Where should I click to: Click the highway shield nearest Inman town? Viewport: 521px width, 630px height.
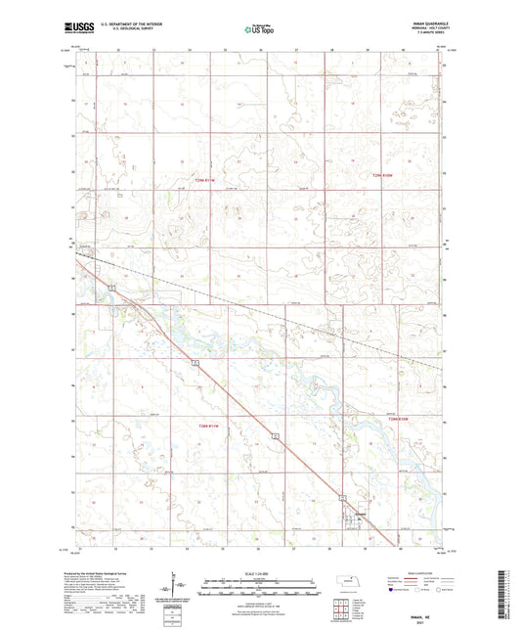[277, 435]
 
